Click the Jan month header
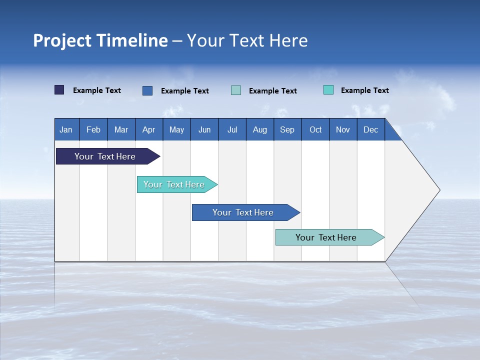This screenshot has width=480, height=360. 66,129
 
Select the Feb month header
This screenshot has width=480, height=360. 93,129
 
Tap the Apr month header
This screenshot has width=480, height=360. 148,129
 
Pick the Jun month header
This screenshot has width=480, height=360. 204,129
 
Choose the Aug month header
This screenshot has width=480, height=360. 259,129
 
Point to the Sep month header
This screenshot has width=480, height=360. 287,129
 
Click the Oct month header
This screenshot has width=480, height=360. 315,129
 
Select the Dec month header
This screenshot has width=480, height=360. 370,129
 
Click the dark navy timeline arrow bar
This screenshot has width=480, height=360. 105,156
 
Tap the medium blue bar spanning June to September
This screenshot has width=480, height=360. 243,212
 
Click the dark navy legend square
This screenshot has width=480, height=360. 59,90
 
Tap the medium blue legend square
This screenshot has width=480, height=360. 147,90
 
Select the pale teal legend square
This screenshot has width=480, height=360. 236,90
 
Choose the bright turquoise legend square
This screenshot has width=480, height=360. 328,90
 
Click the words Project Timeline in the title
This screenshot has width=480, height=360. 100,40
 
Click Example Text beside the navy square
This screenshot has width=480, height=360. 97,90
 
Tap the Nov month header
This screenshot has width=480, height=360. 343,129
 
